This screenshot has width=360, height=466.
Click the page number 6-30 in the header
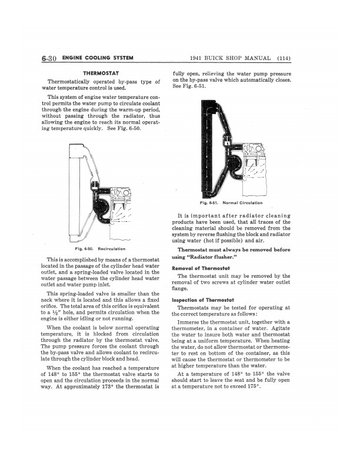[x=49, y=58]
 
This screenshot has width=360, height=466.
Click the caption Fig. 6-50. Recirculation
[x=104, y=249]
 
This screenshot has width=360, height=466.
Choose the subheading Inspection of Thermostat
[x=202, y=299]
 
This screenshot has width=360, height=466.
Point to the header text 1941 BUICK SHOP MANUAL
[x=230, y=58]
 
